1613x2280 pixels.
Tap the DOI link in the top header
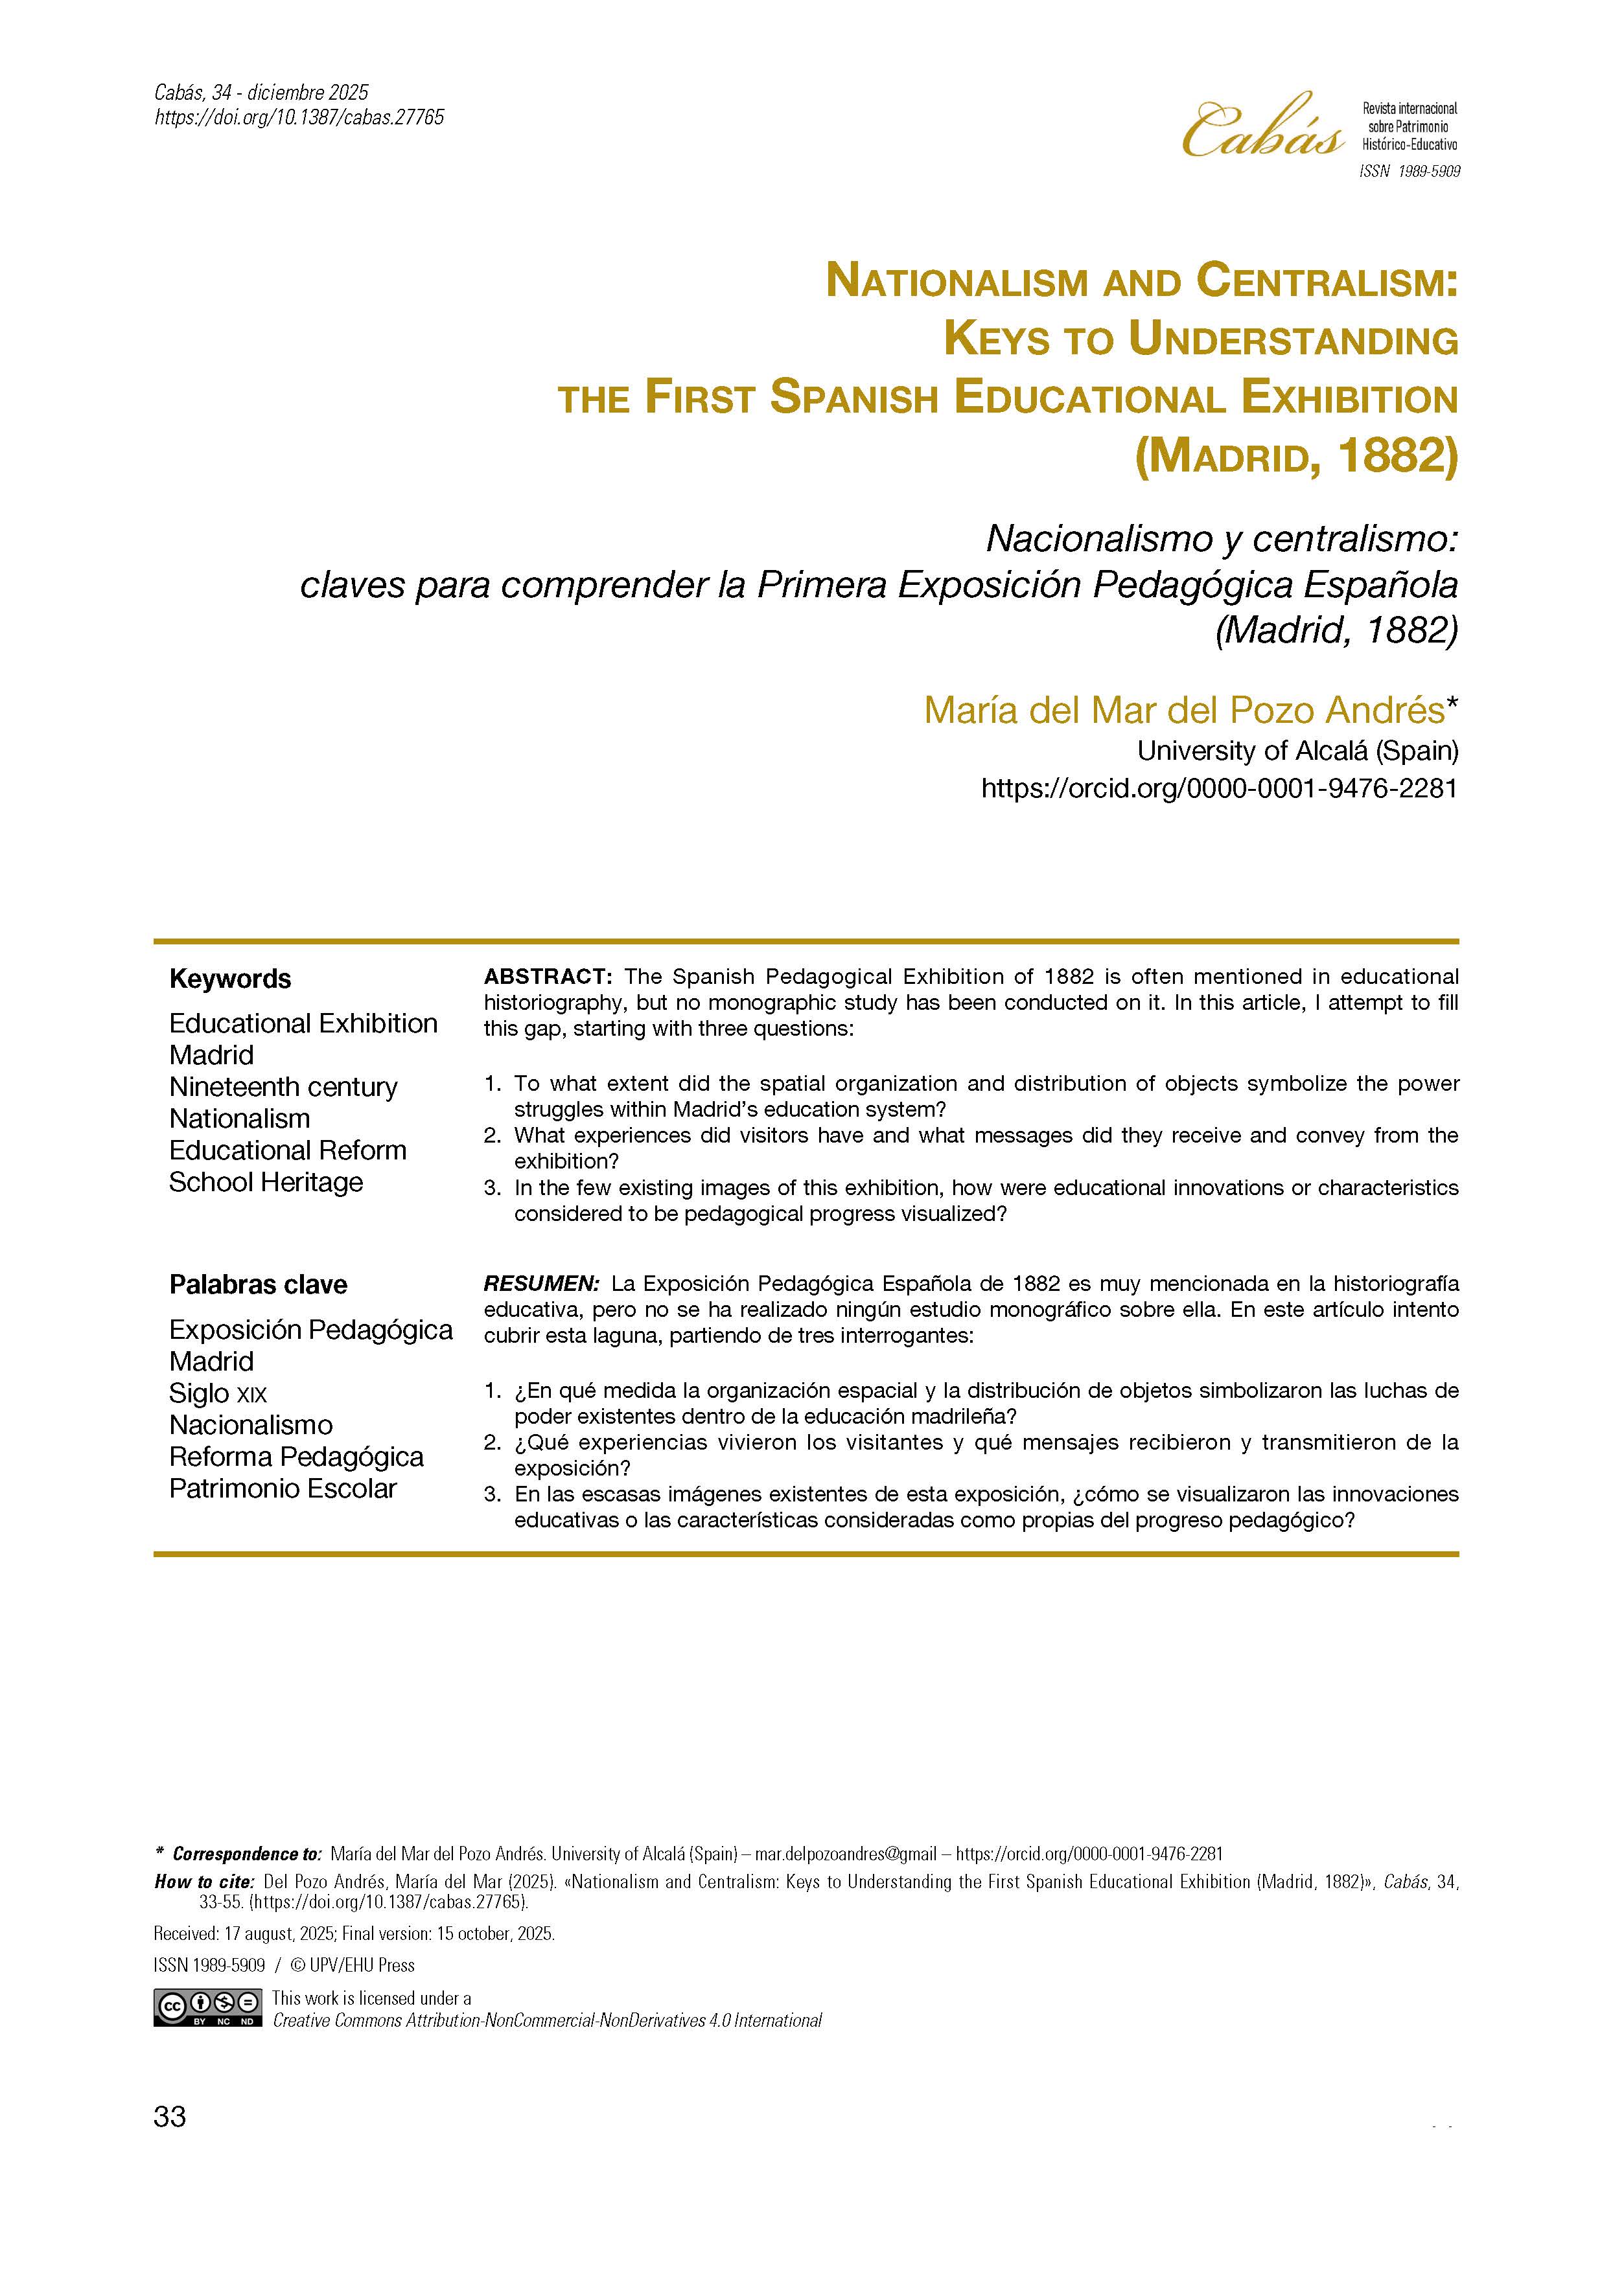pos(299,117)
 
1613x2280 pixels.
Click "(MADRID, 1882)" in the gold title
pos(1296,457)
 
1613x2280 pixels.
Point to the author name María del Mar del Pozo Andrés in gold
pos(1184,709)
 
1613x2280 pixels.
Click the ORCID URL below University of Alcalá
pos(1219,788)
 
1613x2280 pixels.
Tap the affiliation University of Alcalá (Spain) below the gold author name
pos(1297,751)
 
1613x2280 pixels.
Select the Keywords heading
pos(231,979)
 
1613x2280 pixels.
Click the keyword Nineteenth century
pos(283,1086)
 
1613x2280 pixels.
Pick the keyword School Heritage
pos(266,1181)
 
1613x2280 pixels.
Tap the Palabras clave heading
pos(258,1285)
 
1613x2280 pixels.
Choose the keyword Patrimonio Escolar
pos(283,1488)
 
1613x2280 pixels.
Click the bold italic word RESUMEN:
pos(541,1283)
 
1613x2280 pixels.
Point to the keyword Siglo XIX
pos(218,1393)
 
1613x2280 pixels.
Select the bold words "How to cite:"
pos(205,1882)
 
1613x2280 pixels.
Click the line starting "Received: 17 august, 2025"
pos(354,1934)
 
